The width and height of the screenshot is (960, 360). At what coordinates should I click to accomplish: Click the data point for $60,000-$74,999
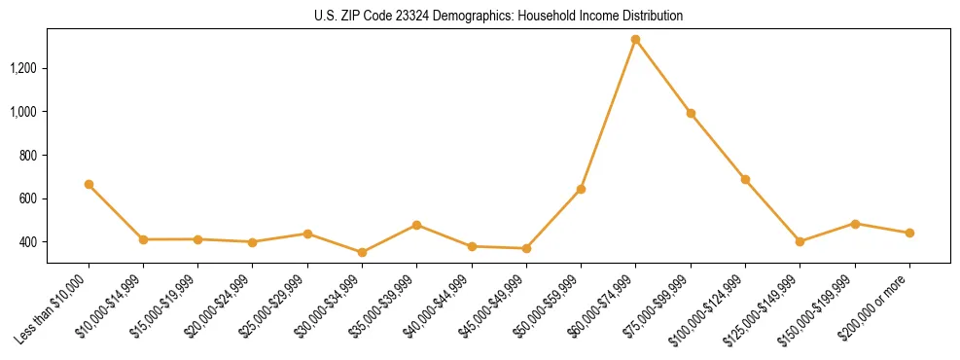point(635,40)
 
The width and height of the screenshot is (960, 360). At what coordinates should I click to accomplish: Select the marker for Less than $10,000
point(89,184)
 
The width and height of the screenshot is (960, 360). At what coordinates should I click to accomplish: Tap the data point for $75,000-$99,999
point(691,113)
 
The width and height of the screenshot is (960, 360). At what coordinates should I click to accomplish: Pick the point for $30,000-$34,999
point(362,252)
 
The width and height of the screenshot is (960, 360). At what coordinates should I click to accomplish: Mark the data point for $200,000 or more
point(909,233)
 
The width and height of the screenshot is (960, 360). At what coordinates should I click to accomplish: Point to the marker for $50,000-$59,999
point(581,189)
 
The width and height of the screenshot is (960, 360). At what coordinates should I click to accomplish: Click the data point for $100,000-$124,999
point(745,179)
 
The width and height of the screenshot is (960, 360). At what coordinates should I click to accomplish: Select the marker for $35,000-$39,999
point(416,225)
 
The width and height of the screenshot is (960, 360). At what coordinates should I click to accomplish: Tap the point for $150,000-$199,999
point(855,224)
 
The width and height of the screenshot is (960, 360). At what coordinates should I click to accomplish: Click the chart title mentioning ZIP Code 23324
point(498,16)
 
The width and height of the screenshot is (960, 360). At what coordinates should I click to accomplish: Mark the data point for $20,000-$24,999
point(253,242)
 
